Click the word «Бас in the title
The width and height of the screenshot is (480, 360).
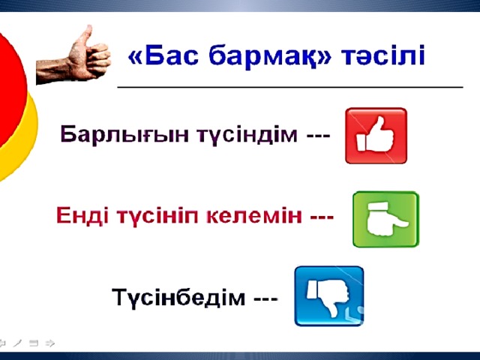click(163, 55)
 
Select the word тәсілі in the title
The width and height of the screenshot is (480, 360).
click(383, 55)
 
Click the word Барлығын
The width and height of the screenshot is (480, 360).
click(124, 134)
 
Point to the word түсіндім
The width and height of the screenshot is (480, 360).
click(247, 135)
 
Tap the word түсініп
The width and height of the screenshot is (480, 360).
click(158, 216)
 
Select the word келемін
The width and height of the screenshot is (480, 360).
click(254, 215)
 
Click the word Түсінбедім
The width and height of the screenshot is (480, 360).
click(178, 297)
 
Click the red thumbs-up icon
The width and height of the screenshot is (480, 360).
click(376, 136)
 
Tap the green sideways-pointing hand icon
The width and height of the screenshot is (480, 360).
click(385, 219)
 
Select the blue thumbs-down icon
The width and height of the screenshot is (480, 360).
click(329, 296)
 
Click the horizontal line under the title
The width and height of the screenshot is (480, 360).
click(290, 87)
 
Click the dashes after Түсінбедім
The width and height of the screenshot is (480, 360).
click(265, 298)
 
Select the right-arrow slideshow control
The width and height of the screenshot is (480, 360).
click(50, 343)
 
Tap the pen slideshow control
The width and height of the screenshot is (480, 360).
click(18, 343)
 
